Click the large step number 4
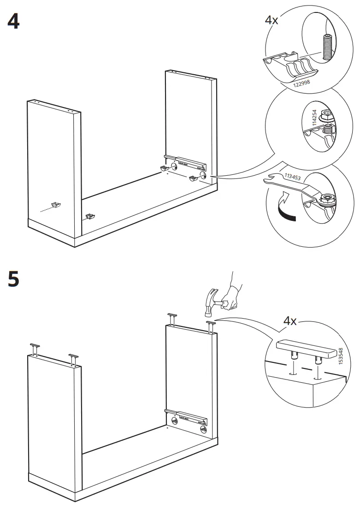click(x=13, y=22)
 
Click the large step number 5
click(x=13, y=279)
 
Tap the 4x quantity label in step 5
click(x=289, y=321)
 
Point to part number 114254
click(x=315, y=119)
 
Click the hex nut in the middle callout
click(x=326, y=116)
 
